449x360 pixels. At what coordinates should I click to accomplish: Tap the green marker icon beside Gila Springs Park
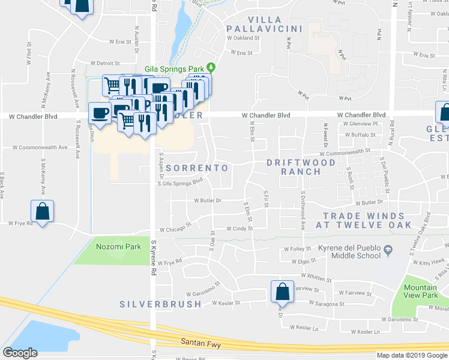click(x=211, y=67)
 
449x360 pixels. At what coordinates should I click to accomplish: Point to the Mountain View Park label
click(x=420, y=292)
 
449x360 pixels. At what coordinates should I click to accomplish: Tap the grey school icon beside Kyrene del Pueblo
click(x=388, y=249)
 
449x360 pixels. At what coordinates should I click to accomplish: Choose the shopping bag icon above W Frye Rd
click(x=42, y=211)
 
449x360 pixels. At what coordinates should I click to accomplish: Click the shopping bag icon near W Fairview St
click(x=282, y=292)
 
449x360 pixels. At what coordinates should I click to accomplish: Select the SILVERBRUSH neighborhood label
click(x=160, y=304)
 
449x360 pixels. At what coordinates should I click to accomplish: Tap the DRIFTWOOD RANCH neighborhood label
click(x=301, y=167)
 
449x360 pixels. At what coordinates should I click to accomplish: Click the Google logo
click(x=20, y=353)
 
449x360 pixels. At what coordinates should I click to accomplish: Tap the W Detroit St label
click(x=105, y=63)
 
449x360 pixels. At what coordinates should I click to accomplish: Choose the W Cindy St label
click(x=240, y=229)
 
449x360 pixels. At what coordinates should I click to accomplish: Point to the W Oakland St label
click(x=243, y=37)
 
